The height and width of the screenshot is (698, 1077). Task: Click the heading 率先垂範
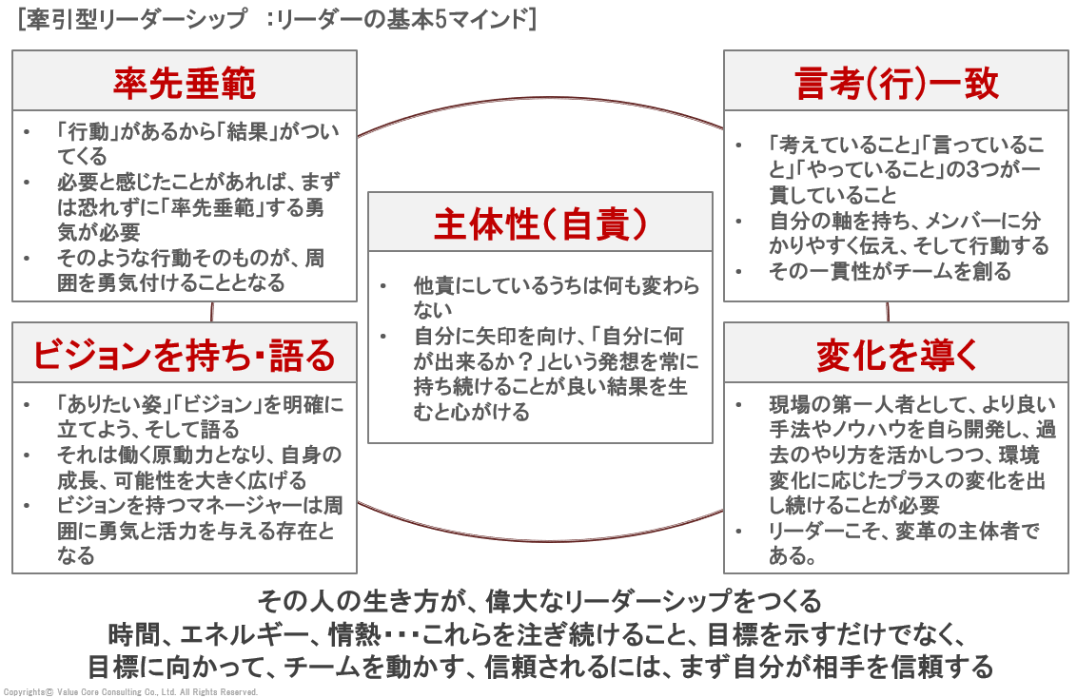pyautogui.click(x=185, y=83)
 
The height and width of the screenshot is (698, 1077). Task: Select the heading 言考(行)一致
pyautogui.click(x=895, y=83)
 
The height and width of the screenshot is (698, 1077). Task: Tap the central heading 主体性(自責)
pyautogui.click(x=539, y=223)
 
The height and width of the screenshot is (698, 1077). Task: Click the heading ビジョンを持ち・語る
pyautogui.click(x=184, y=355)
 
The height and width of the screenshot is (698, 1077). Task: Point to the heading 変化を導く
pyautogui.click(x=895, y=355)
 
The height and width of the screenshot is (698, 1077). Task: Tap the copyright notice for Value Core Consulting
pyautogui.click(x=130, y=692)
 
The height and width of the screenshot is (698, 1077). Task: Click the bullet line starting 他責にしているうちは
pyautogui.click(x=556, y=298)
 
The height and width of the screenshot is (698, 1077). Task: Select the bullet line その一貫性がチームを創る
pyautogui.click(x=890, y=271)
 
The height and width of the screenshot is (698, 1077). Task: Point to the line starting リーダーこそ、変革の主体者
pyautogui.click(x=904, y=543)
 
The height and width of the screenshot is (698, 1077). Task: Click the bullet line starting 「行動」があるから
pyautogui.click(x=198, y=144)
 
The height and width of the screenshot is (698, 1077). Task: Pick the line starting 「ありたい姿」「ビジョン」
pyautogui.click(x=200, y=417)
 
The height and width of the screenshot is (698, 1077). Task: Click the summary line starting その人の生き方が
pyautogui.click(x=539, y=602)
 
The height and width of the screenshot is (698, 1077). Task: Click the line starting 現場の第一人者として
pyautogui.click(x=912, y=455)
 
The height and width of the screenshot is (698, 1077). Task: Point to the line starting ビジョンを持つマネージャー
pyautogui.click(x=200, y=530)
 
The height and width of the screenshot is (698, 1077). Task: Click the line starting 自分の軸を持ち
pyautogui.click(x=909, y=233)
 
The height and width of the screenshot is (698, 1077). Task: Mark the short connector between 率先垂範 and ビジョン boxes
pyautogui.click(x=211, y=312)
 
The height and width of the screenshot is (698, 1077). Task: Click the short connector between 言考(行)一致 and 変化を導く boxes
pyautogui.click(x=888, y=312)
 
